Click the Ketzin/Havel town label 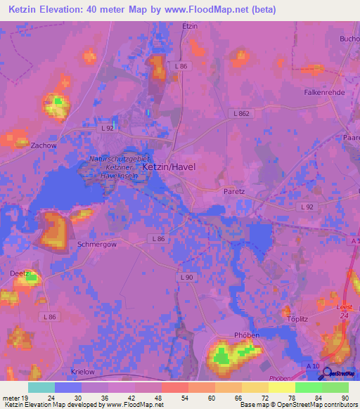(x=169, y=167)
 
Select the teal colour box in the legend (x=41, y=387)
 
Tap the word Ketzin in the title (x=23, y=9)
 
